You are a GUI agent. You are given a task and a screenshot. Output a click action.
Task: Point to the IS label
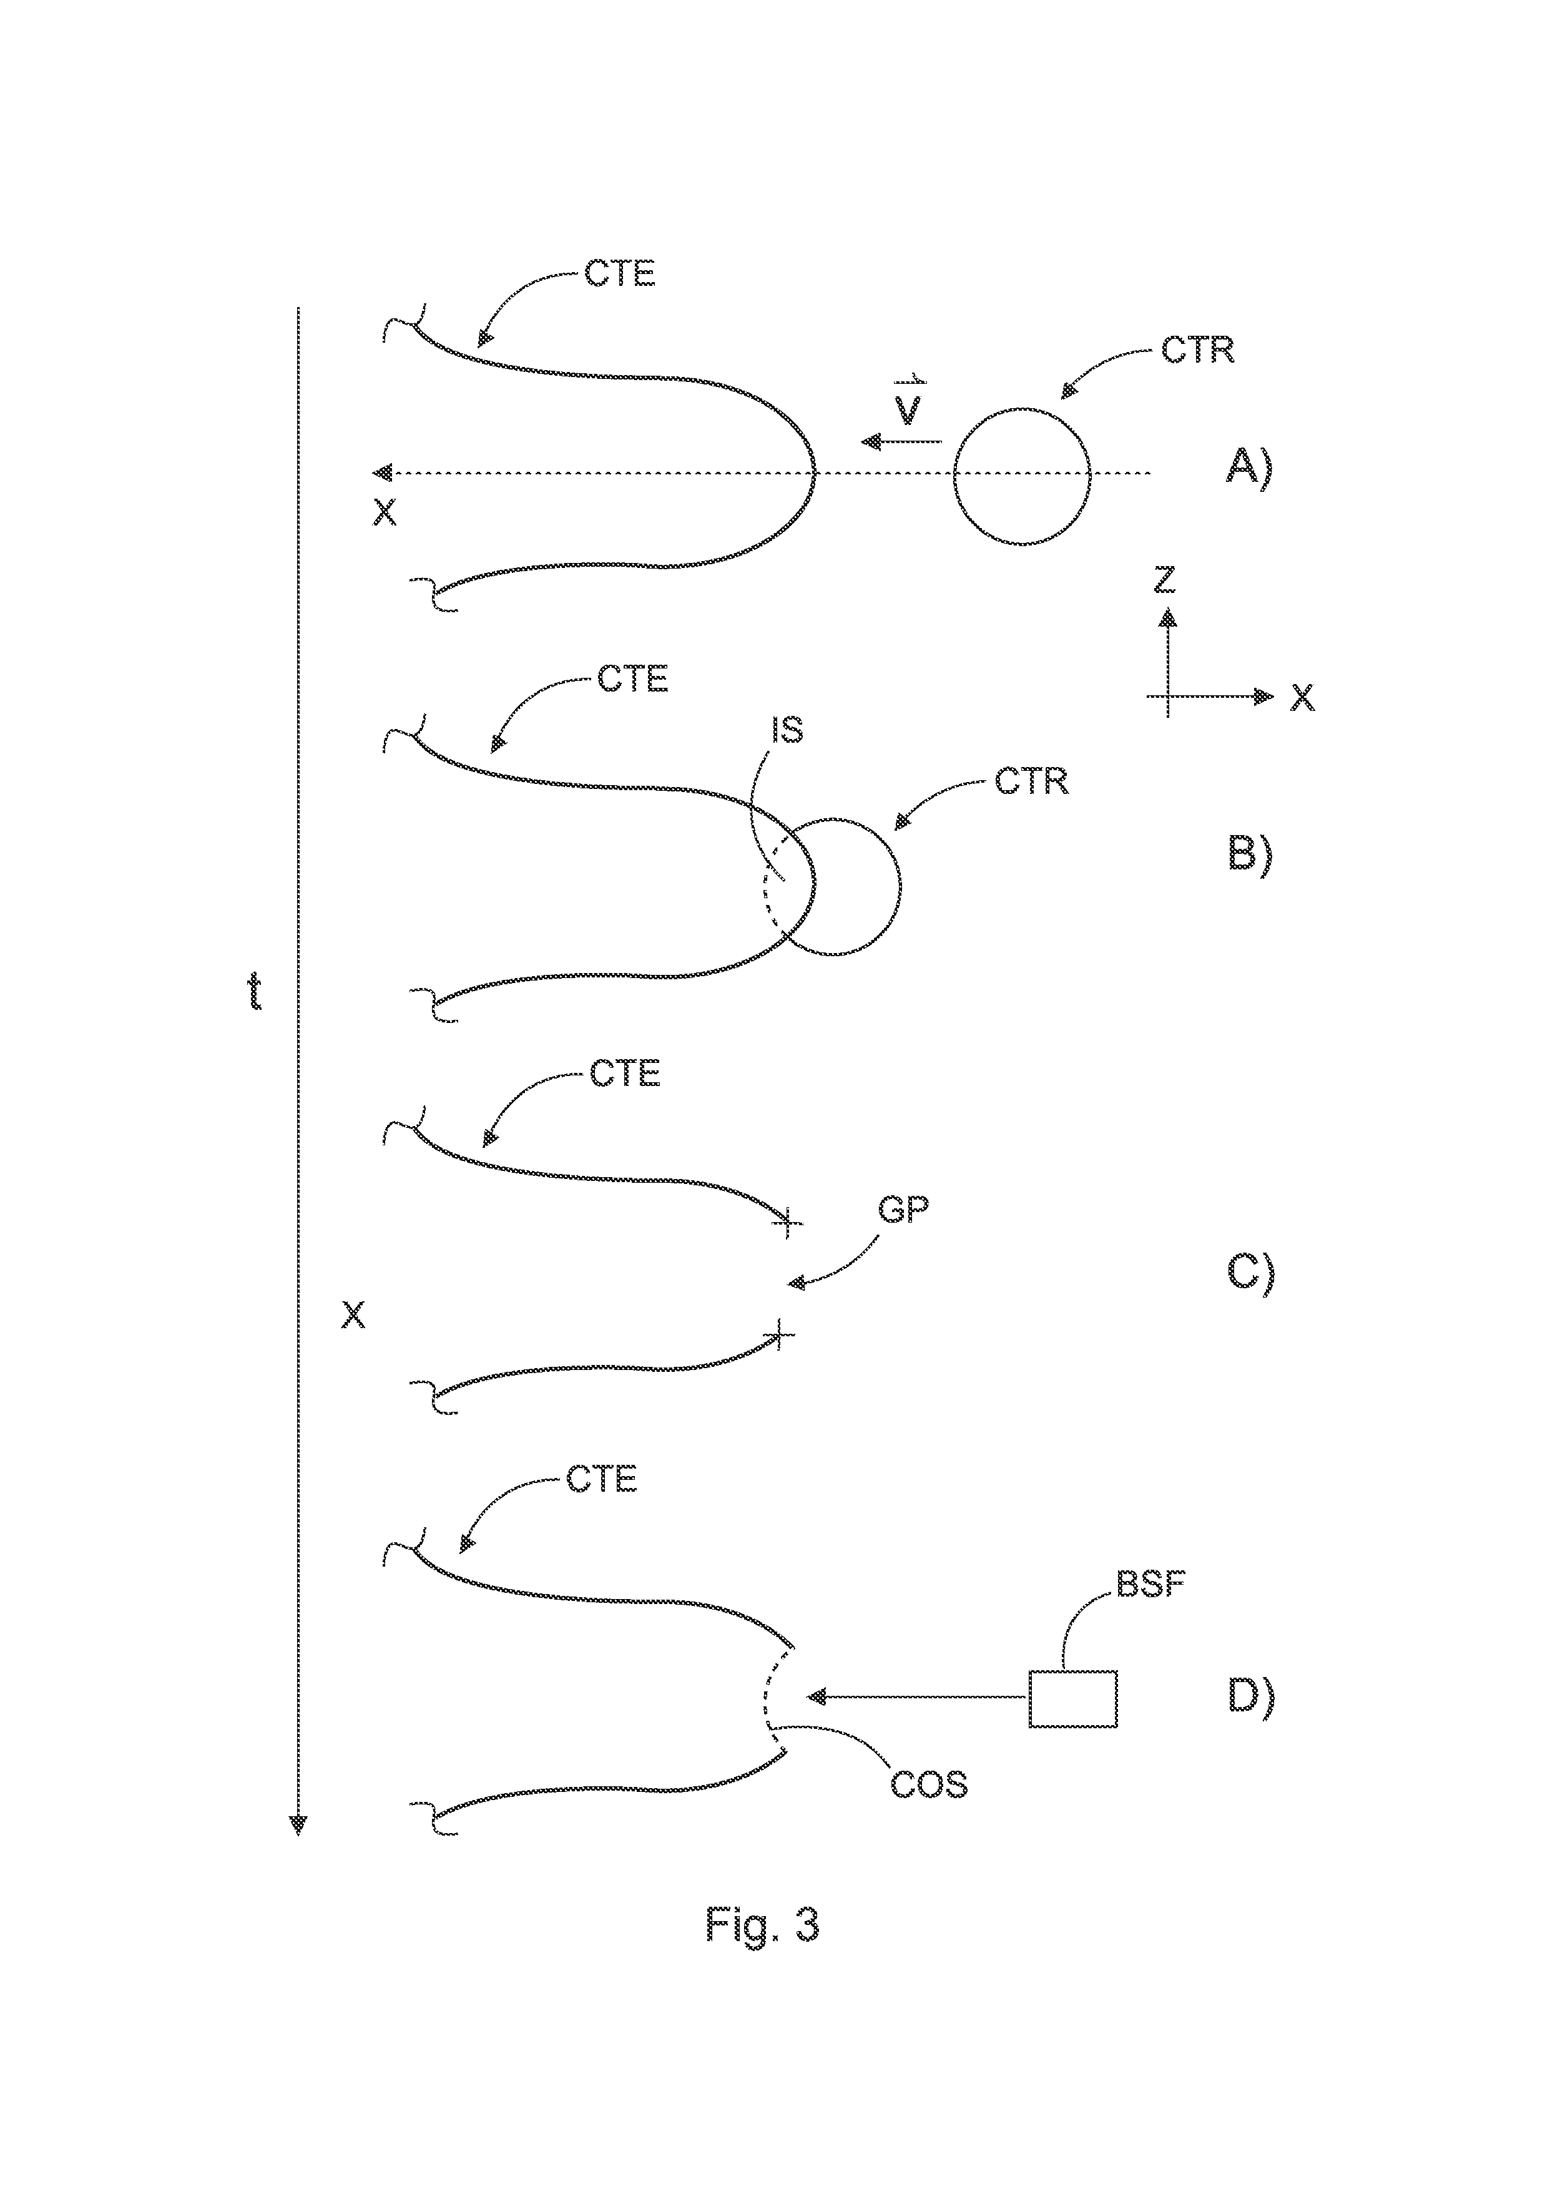point(787,730)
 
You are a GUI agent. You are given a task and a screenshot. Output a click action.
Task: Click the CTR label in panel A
point(1197,351)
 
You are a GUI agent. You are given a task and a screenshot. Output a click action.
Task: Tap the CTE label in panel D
point(601,1479)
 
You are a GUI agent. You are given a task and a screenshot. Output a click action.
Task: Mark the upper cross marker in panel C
point(787,1222)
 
